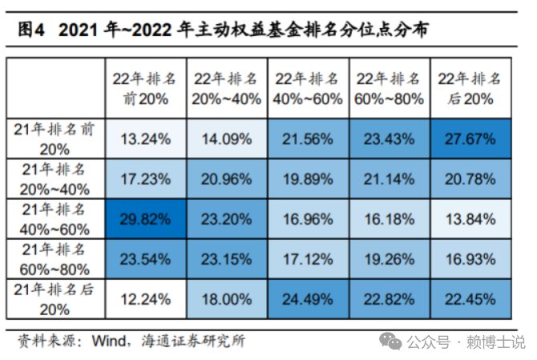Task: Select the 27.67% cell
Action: click(x=470, y=139)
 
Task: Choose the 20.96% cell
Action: click(x=227, y=178)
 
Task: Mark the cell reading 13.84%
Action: click(x=470, y=217)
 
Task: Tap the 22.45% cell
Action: click(x=470, y=299)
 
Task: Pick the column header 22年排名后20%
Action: click(x=470, y=88)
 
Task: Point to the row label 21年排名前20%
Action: click(x=55, y=139)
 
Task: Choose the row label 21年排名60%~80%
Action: click(x=55, y=259)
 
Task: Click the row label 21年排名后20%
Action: click(x=55, y=299)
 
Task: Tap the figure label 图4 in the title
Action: click(x=31, y=30)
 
